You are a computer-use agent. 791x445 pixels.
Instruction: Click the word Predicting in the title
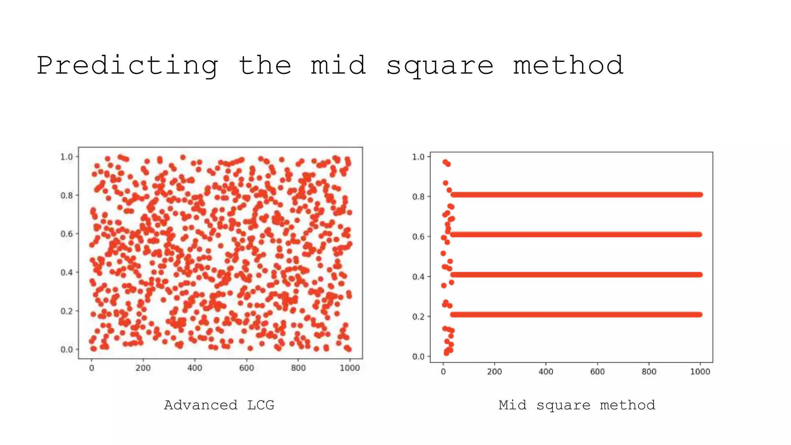point(127,66)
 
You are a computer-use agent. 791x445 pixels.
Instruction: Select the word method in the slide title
point(568,66)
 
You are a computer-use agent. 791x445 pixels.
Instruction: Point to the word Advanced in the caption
point(200,405)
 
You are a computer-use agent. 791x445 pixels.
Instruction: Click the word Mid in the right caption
point(512,405)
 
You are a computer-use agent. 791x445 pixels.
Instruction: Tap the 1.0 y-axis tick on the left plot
point(66,156)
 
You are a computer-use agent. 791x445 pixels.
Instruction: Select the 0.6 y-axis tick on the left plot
point(66,234)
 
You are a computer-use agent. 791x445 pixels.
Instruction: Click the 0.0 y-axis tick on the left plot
point(66,349)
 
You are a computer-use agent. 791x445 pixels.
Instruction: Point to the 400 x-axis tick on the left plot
point(195,368)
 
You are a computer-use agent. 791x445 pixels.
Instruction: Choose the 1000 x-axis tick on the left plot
point(350,368)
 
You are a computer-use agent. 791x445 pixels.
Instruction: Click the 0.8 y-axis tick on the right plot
point(418,197)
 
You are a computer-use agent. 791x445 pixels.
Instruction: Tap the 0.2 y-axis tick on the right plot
point(418,317)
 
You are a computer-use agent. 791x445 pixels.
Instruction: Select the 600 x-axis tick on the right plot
point(597,372)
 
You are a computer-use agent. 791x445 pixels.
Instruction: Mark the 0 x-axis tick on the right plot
point(443,372)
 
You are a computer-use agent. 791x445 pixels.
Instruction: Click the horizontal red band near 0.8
point(575,195)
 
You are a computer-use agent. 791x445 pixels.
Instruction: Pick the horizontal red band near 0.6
point(575,234)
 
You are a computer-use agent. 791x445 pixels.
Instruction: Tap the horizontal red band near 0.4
point(575,275)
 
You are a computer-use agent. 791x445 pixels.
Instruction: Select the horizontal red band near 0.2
point(575,314)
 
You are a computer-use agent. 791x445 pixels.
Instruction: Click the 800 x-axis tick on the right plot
point(649,372)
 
